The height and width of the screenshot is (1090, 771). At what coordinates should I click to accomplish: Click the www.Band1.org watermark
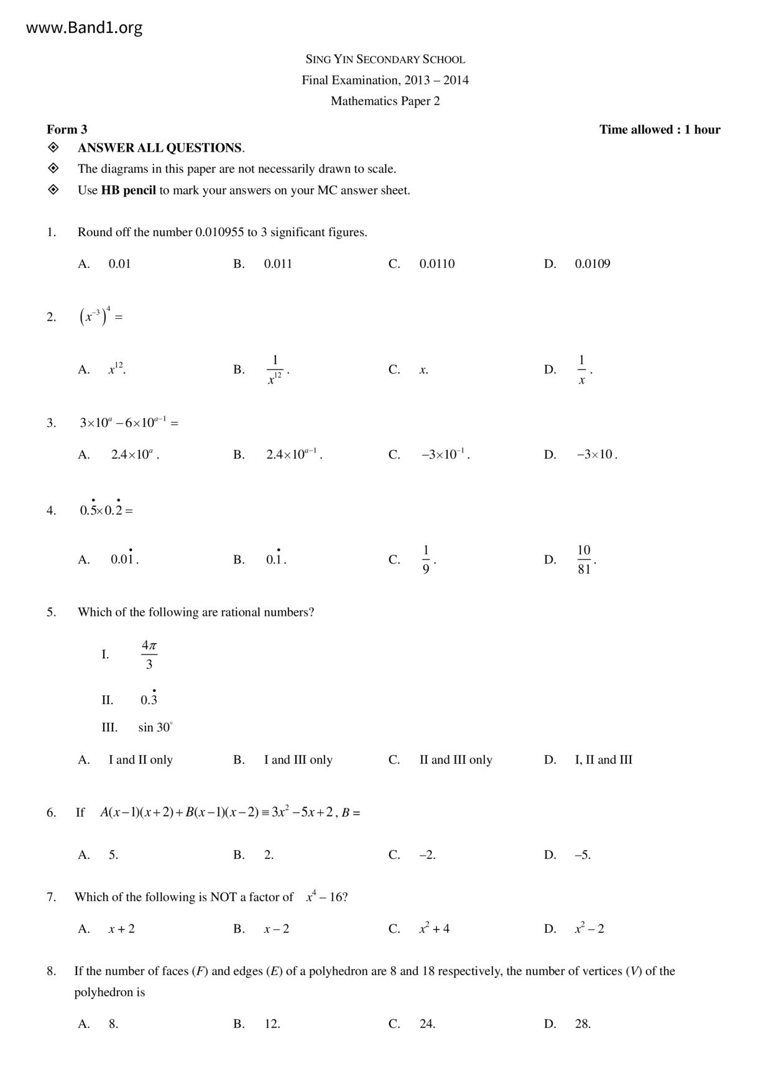85,28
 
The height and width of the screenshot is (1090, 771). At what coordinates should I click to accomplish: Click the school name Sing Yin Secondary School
385,60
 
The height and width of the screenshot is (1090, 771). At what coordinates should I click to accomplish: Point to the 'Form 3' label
67,129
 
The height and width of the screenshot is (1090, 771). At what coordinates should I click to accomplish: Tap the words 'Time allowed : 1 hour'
659,129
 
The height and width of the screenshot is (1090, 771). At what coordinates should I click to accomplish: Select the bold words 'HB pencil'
129,190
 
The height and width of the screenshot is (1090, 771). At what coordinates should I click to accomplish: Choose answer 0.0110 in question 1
436,263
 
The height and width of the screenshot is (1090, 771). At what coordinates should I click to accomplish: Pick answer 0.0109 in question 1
592,263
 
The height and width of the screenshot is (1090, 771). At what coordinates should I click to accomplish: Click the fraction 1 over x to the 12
275,370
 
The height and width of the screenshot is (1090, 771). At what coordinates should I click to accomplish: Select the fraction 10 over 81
584,559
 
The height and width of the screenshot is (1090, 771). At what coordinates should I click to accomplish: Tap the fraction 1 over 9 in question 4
426,559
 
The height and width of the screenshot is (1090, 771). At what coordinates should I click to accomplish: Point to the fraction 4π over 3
149,654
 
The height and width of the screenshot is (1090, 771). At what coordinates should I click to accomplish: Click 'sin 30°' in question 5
155,727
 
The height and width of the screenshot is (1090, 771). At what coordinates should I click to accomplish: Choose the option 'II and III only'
456,759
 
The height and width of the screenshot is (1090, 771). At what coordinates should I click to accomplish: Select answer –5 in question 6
583,854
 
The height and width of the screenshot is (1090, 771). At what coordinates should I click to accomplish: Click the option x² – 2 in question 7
589,928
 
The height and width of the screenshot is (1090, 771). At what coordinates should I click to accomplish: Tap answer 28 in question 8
583,1024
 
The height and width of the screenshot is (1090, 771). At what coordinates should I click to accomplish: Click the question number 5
51,612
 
